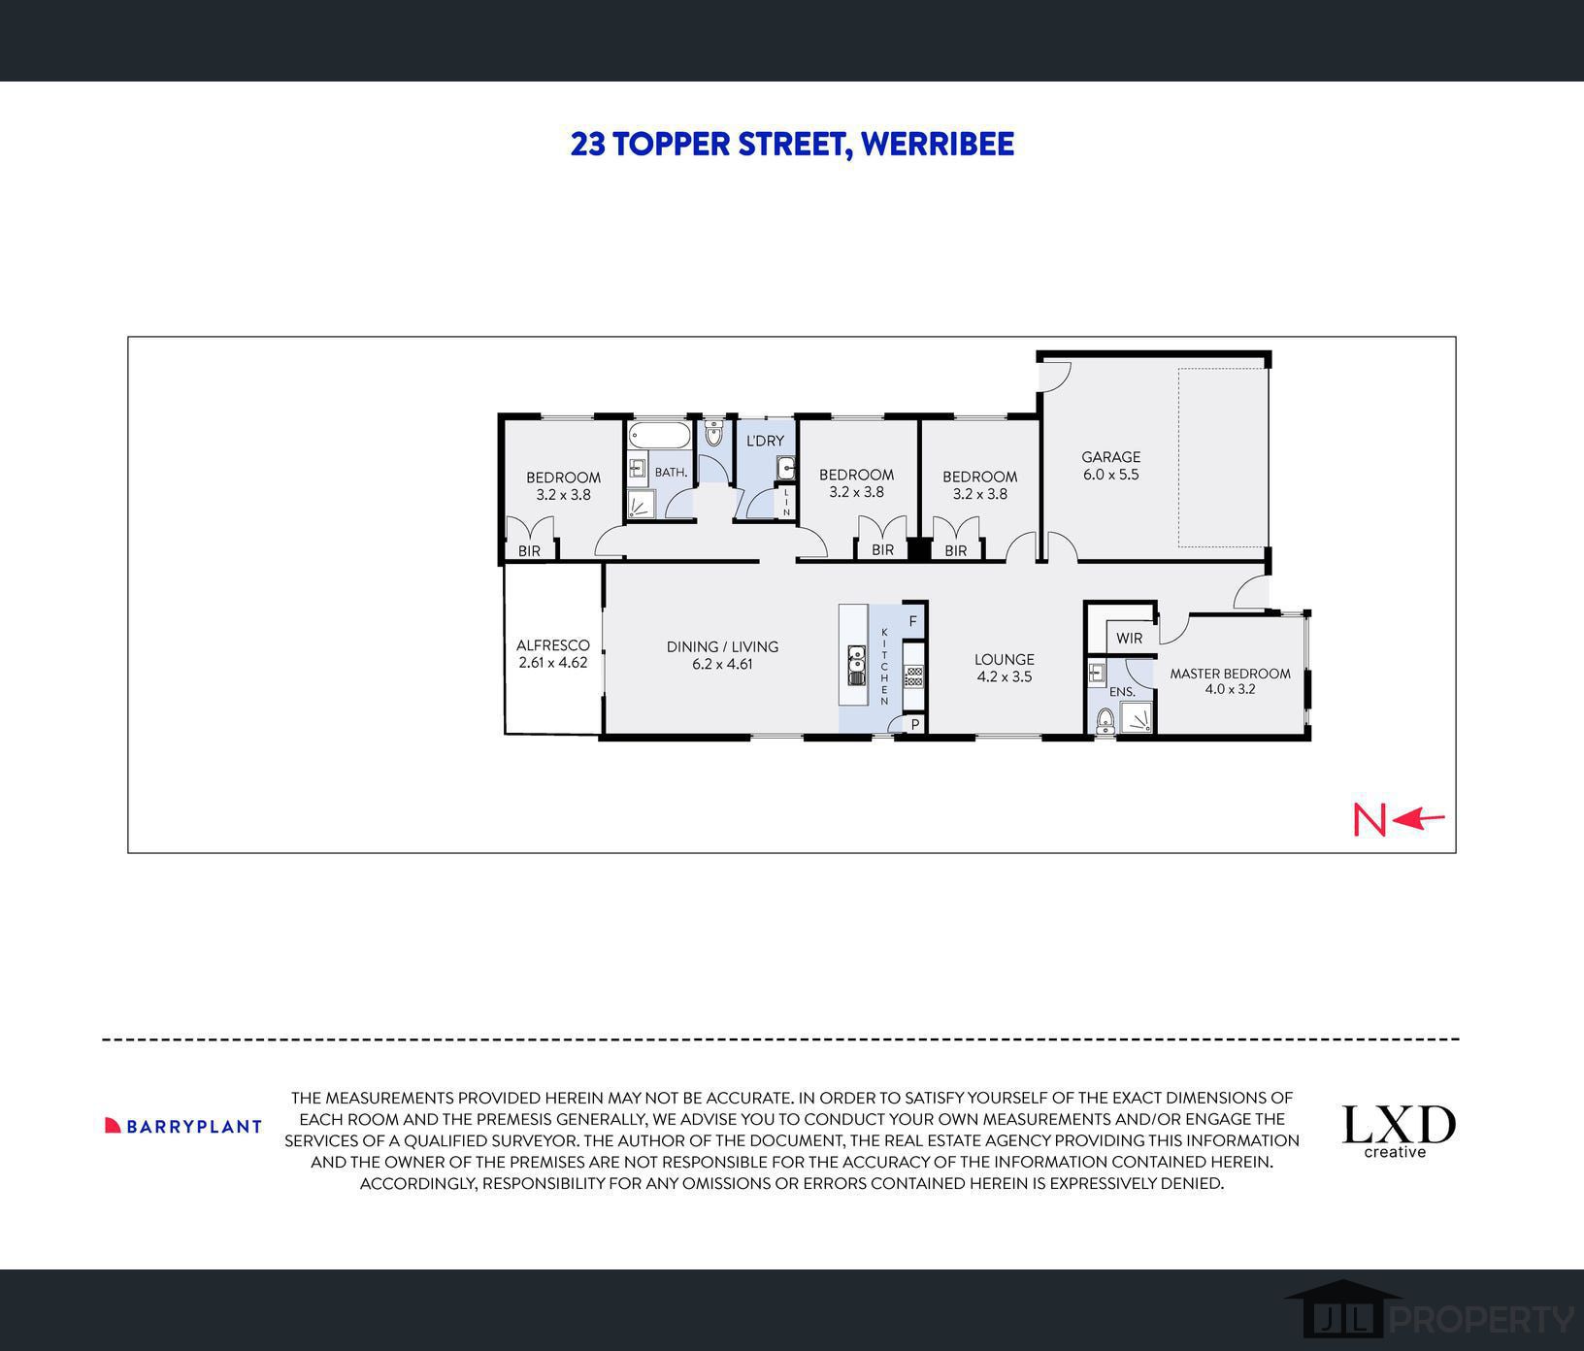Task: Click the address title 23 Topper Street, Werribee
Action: point(792,144)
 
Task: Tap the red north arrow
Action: point(1419,819)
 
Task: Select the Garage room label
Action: point(1111,457)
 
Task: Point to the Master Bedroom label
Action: point(1230,674)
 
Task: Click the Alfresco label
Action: point(552,645)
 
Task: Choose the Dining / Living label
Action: point(722,647)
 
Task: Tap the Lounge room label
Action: point(1005,660)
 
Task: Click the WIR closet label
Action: point(1129,639)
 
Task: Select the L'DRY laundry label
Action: point(765,442)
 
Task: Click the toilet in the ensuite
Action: point(1104,722)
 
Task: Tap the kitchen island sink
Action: point(855,666)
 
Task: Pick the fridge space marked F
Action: point(913,621)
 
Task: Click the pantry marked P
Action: point(914,724)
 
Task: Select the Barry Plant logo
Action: point(182,1126)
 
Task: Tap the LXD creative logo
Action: point(1399,1131)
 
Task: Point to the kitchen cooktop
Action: point(914,675)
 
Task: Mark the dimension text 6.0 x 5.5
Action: point(1111,476)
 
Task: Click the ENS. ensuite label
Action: point(1122,692)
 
